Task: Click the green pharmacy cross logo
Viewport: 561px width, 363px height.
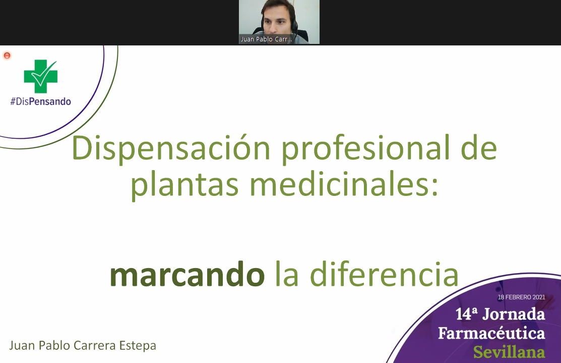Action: pos(40,76)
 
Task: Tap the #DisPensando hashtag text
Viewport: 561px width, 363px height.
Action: pos(40,101)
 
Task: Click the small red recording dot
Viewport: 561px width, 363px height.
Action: pos(7,56)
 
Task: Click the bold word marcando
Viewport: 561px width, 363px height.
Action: pos(187,275)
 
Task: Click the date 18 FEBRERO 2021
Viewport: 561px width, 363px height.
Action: pos(521,297)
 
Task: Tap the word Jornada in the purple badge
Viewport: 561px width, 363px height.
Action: pos(514,315)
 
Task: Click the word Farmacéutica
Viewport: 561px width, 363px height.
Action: pos(491,333)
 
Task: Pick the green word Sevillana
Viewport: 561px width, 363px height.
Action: pos(509,351)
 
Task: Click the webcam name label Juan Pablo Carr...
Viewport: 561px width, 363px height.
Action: pos(266,39)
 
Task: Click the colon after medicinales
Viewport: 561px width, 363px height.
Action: pos(434,186)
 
